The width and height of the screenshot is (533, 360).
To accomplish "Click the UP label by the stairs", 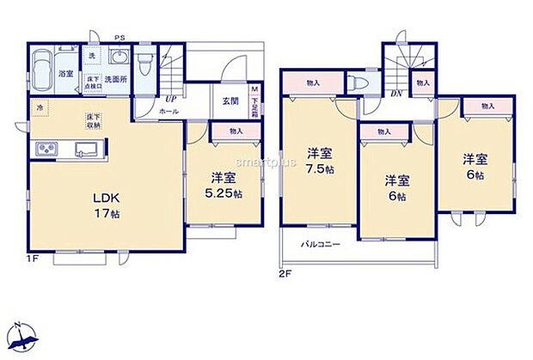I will pyautogui.click(x=171, y=98).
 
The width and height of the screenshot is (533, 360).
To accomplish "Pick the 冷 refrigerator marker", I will pyautogui.click(x=40, y=107).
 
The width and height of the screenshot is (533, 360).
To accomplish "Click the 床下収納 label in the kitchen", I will pyautogui.click(x=90, y=119).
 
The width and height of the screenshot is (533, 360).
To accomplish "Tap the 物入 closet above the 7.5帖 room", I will pyautogui.click(x=312, y=82).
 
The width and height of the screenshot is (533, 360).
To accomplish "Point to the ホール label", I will pyautogui.click(x=168, y=111).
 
